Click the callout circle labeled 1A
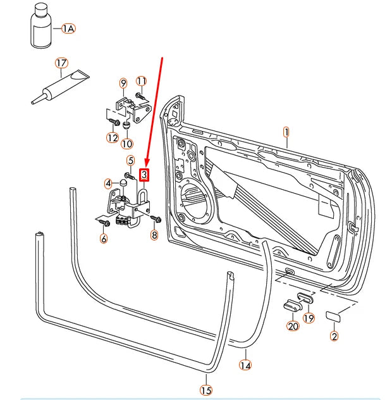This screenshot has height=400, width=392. [68, 28]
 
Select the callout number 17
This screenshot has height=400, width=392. [61, 63]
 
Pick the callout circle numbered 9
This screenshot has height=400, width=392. [123, 83]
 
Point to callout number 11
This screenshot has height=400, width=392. [142, 81]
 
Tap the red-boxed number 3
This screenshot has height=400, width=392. [145, 174]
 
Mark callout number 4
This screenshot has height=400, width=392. [109, 184]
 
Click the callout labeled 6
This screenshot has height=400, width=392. [104, 239]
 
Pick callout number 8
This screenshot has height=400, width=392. [154, 235]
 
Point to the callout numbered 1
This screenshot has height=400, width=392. [286, 132]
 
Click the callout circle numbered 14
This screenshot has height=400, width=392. [245, 364]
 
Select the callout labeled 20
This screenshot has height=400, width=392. [292, 327]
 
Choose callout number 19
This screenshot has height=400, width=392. [308, 318]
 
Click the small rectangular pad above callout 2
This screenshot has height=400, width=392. [333, 316]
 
